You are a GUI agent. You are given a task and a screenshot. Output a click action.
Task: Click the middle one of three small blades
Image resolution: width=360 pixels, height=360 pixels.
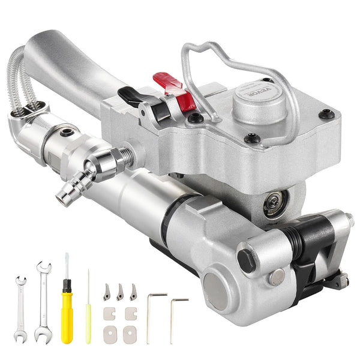click(120, 292)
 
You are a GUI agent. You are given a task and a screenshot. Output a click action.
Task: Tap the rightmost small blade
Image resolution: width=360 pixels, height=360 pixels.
click(133, 292)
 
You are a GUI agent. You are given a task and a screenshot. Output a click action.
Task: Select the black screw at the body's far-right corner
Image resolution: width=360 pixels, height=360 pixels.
click(325, 113)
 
